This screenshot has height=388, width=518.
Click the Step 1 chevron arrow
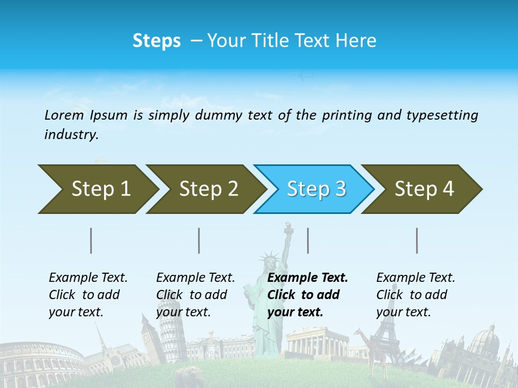pos(97,189)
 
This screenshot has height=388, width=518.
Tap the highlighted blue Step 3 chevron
pos(314,189)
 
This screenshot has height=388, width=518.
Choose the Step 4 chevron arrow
pos(422,189)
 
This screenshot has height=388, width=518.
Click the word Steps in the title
pos(156,41)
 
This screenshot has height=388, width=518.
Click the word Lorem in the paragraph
pos(64,115)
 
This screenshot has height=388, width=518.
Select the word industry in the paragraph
pos(71,135)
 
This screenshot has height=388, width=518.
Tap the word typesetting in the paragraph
pos(442,115)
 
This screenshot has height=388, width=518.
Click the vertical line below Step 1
pos(91,240)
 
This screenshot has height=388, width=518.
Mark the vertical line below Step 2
pos(199,240)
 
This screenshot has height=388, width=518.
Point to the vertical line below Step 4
pos(417,240)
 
